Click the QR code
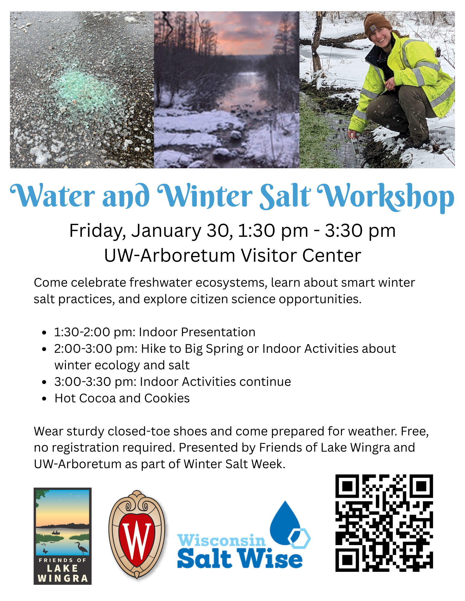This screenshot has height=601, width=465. click(x=384, y=523)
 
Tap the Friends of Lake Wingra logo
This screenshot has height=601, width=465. click(x=63, y=536)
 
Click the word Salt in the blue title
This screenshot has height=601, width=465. click(x=285, y=197)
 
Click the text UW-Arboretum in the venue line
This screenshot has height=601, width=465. click(x=169, y=256)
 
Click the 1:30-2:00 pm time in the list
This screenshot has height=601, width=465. click(x=95, y=332)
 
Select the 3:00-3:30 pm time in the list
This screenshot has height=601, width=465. click(x=95, y=382)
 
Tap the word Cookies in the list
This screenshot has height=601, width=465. click(x=167, y=398)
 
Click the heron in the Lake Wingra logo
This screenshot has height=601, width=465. click(x=81, y=548)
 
